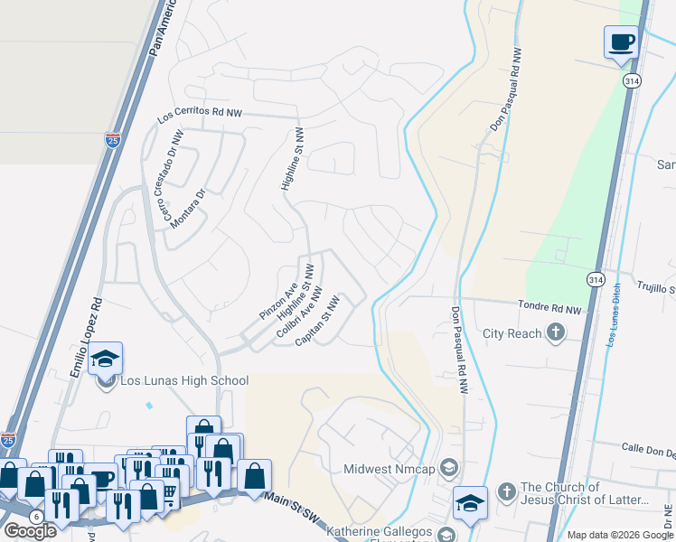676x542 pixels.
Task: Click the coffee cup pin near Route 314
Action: click(x=621, y=42)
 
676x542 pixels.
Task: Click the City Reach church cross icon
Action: click(x=556, y=333)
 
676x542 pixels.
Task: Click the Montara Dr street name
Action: click(x=188, y=207)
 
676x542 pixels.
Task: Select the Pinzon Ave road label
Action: click(x=278, y=301)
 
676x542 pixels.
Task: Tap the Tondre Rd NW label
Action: click(x=548, y=307)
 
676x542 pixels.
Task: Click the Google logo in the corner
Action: click(x=30, y=531)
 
